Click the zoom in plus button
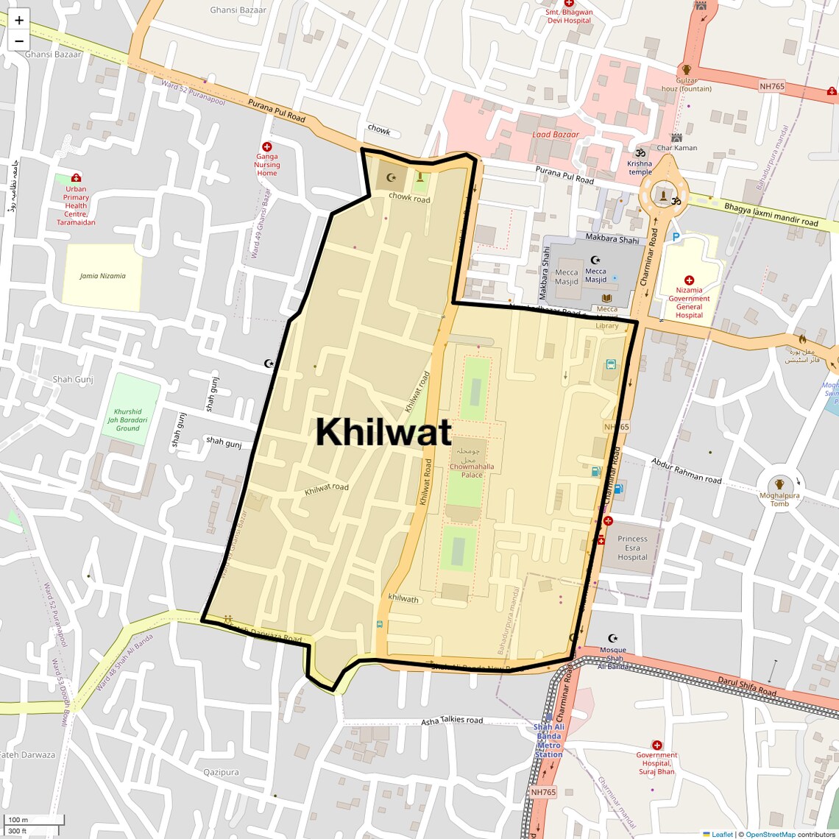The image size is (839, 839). coord(19,20)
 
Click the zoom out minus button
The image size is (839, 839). coord(19,41)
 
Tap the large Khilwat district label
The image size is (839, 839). coord(383,432)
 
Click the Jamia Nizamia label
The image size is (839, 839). coord(102,276)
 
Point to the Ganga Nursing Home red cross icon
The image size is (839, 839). coord(267,147)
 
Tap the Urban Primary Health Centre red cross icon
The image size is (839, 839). coord(76,177)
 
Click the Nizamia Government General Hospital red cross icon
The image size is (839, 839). coord(689,280)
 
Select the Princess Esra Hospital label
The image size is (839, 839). coord(633,548)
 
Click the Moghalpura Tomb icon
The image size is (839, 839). coord(779,484)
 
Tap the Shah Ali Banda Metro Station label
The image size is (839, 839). coord(549,740)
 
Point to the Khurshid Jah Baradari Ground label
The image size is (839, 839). coord(127,419)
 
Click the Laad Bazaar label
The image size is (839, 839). coord(556,135)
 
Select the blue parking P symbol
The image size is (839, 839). coord(676,237)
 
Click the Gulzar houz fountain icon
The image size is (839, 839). coord(686,69)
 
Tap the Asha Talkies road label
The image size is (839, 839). coord(452,721)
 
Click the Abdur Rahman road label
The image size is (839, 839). coord(686,470)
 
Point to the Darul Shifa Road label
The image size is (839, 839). coord(747,687)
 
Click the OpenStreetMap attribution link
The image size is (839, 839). coord(770,834)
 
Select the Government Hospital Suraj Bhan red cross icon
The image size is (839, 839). coord(657,745)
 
